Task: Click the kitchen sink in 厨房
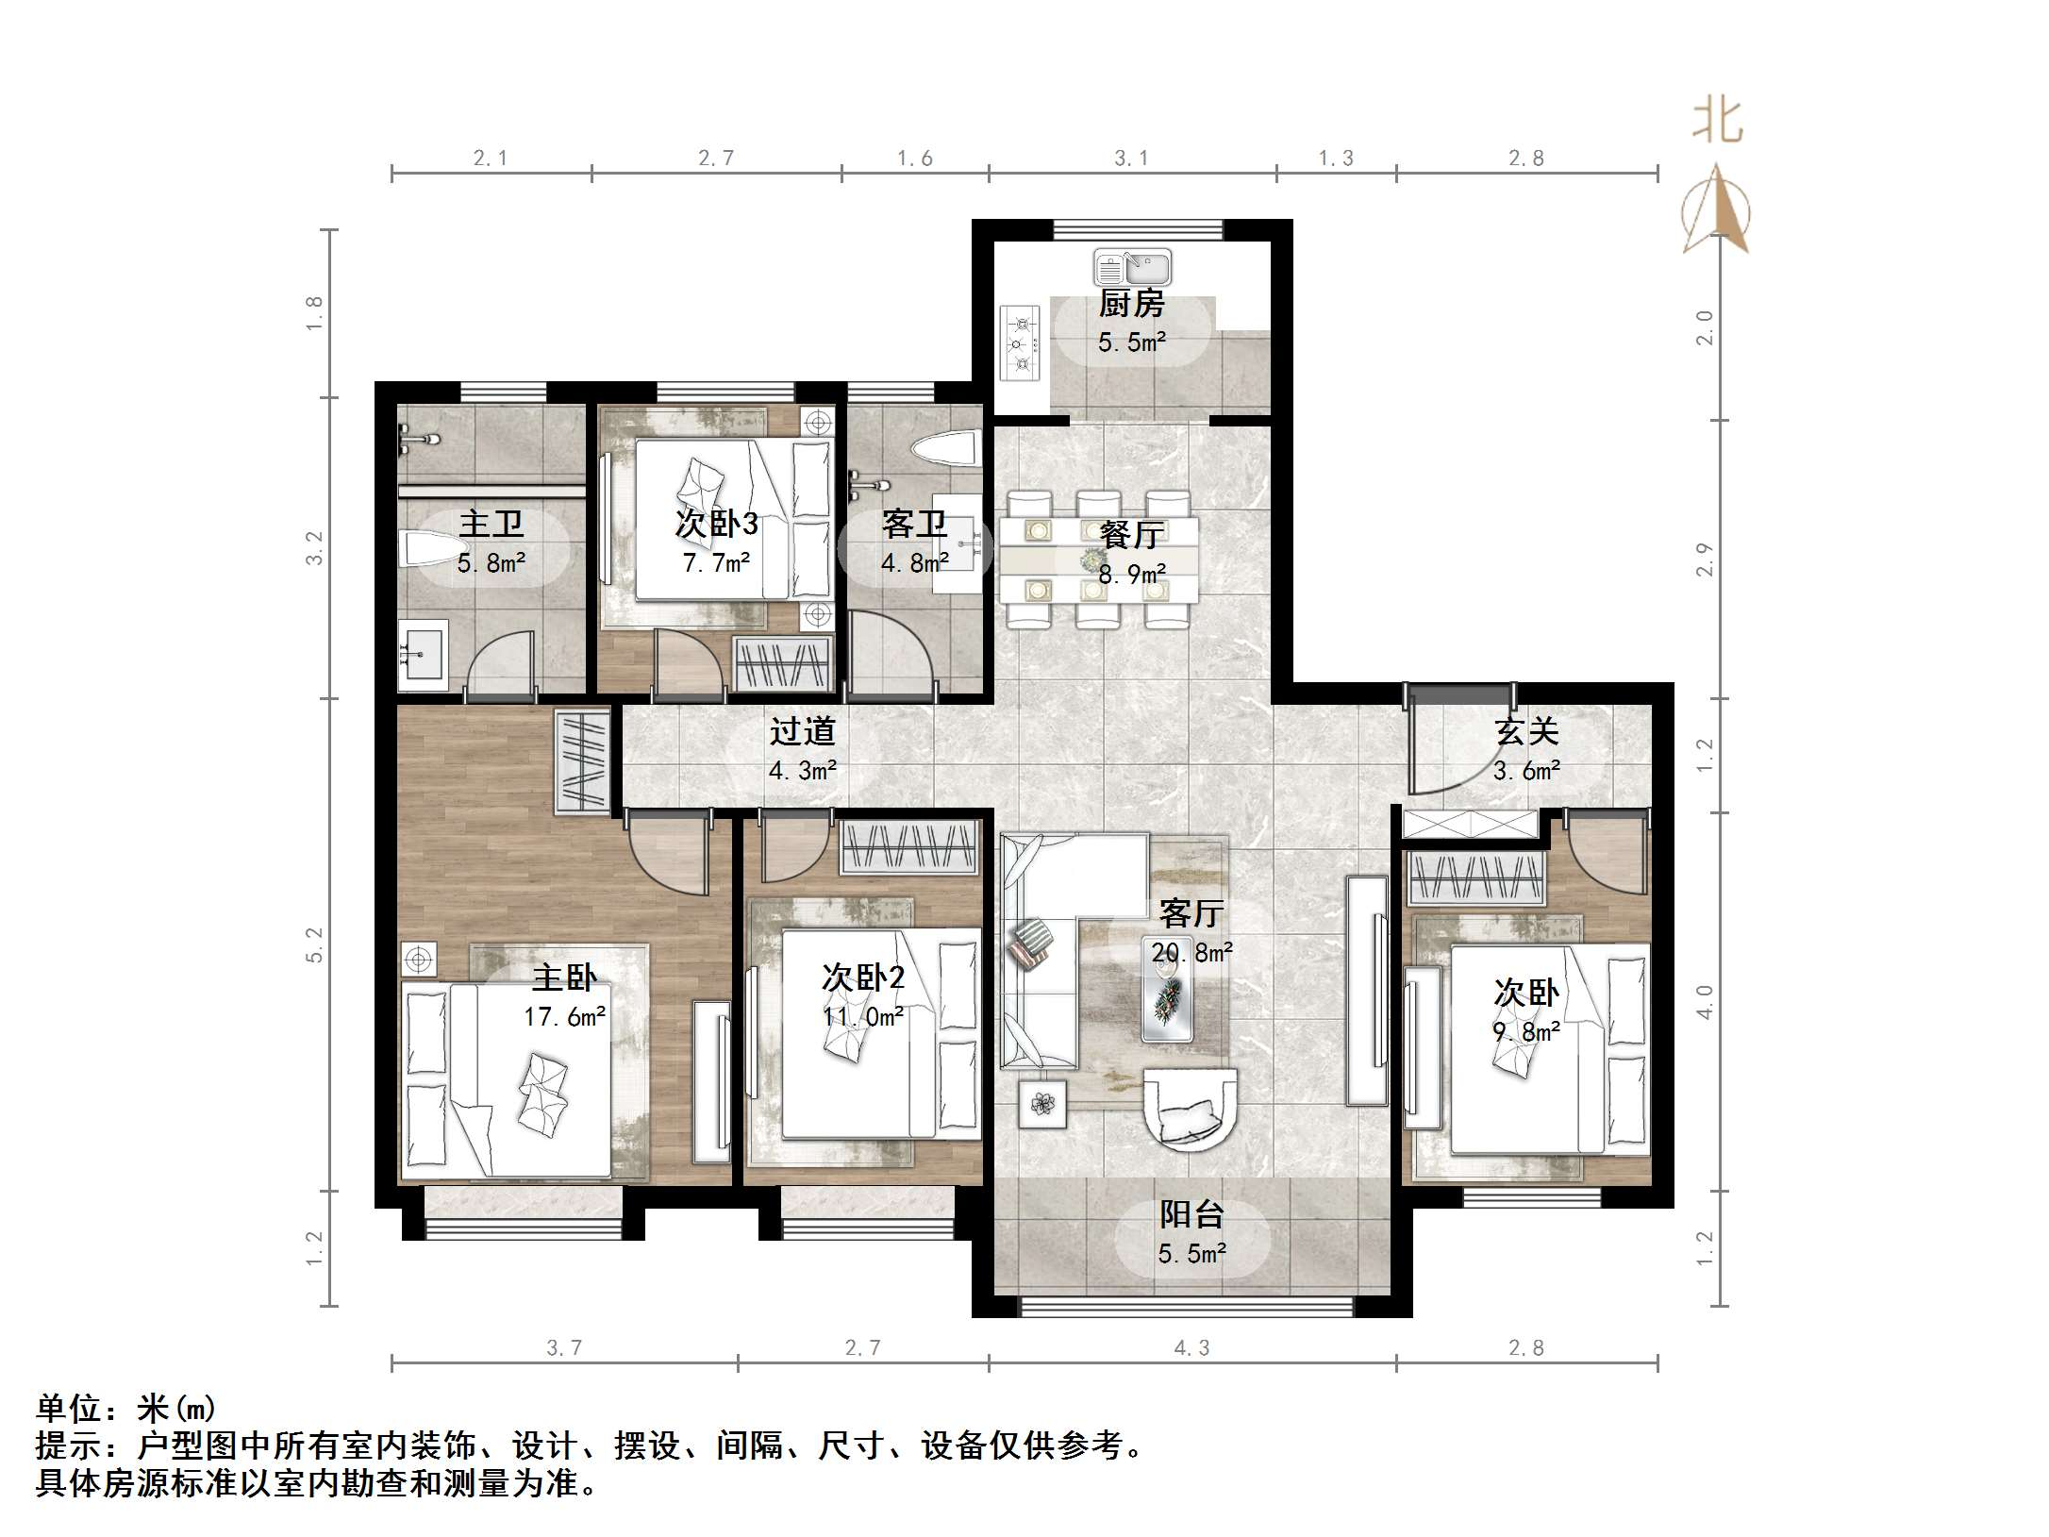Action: [x=1132, y=268]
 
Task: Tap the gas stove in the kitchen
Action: [x=1020, y=343]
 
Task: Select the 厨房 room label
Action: [x=1131, y=304]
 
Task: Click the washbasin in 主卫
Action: [x=423, y=649]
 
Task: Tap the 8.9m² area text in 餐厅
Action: [x=1132, y=573]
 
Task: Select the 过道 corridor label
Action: [x=802, y=731]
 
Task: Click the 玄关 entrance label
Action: [x=1525, y=731]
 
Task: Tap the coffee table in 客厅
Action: [x=1167, y=991]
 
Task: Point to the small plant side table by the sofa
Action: [x=1042, y=1103]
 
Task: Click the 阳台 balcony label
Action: [x=1191, y=1214]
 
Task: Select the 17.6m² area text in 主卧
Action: [x=564, y=1016]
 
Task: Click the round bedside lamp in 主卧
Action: [x=418, y=961]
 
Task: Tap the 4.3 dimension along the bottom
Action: [x=1191, y=1348]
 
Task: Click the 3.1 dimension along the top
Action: [x=1131, y=159]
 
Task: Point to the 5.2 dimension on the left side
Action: [x=314, y=944]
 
